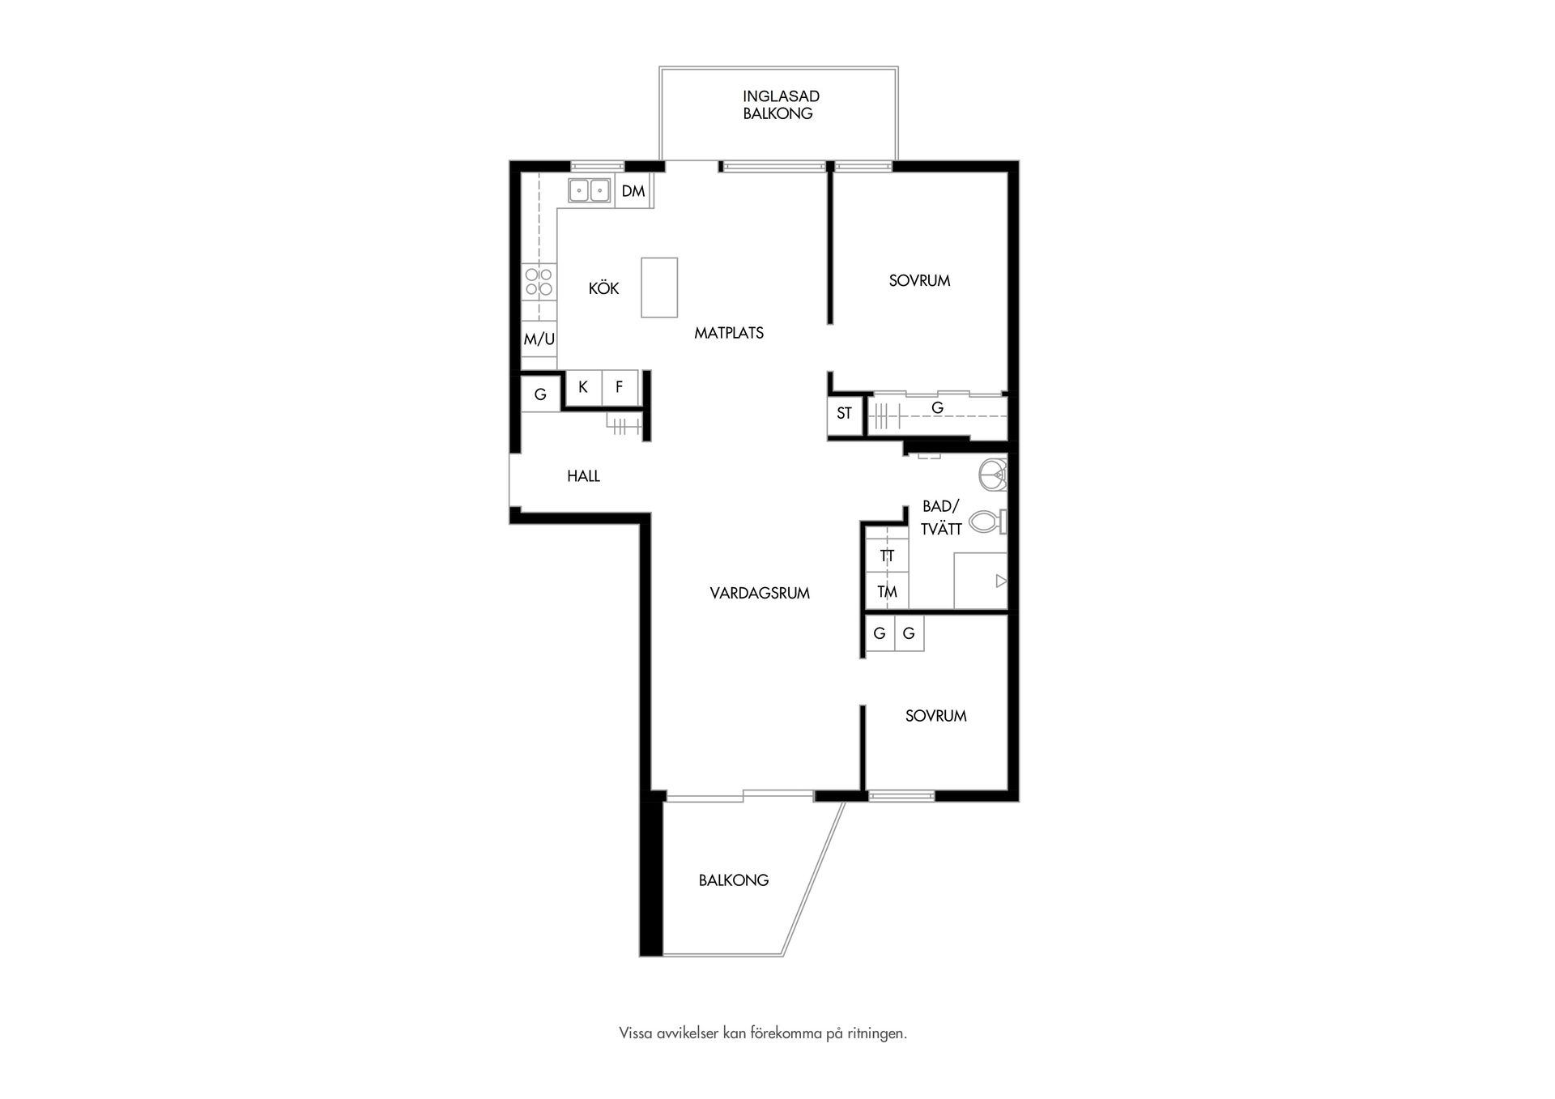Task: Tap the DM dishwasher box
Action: click(x=633, y=191)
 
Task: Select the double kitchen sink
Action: click(x=589, y=190)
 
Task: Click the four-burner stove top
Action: click(x=539, y=281)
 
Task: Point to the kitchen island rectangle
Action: click(x=659, y=288)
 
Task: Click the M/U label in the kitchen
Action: click(x=539, y=339)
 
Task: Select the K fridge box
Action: click(x=583, y=387)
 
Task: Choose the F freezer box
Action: click(x=620, y=387)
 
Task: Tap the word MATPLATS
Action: click(x=729, y=333)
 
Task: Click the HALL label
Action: click(x=583, y=476)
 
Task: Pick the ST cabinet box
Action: click(x=844, y=414)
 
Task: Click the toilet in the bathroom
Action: click(x=988, y=521)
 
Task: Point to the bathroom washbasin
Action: click(x=993, y=474)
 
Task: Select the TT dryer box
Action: click(x=887, y=556)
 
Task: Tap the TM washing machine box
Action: click(x=887, y=592)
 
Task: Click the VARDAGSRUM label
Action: click(x=760, y=593)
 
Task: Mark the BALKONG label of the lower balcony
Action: click(x=734, y=880)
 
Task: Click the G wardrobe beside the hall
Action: click(x=540, y=394)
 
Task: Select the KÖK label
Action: click(x=603, y=288)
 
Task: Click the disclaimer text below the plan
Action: click(x=763, y=1033)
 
